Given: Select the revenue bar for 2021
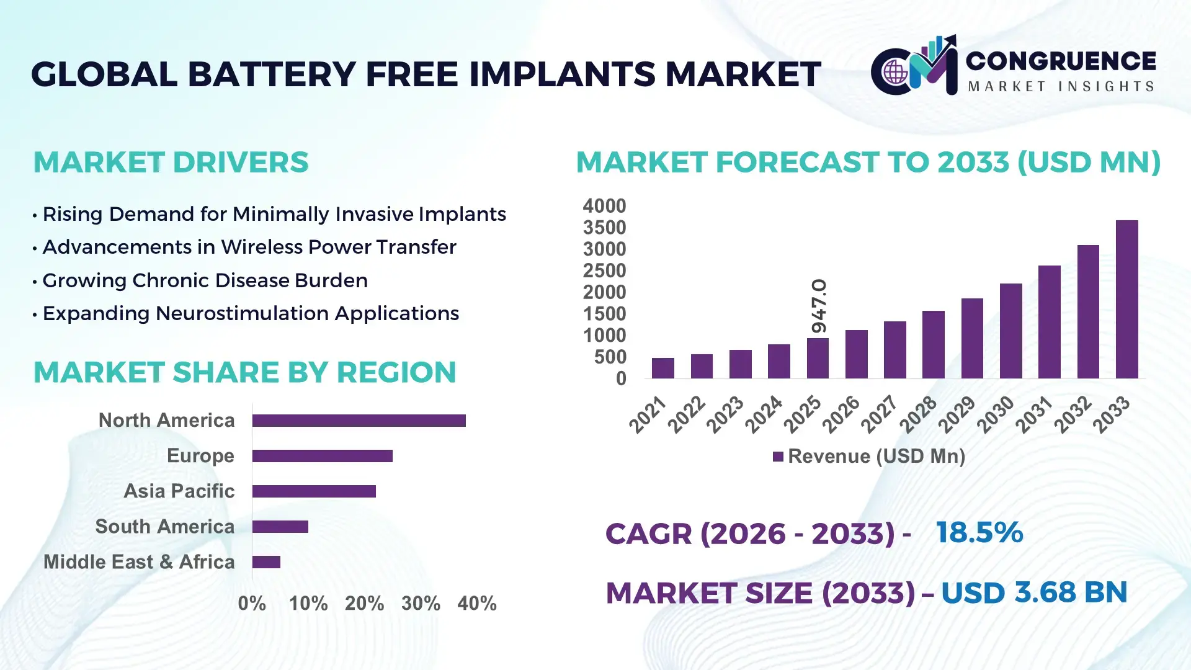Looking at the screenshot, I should (662, 368).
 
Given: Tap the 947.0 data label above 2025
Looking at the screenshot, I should (819, 306).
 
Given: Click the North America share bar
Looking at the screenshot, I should (359, 421).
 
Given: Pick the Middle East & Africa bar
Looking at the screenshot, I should (266, 562).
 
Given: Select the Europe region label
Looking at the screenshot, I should (200, 455).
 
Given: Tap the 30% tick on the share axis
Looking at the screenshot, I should (421, 603).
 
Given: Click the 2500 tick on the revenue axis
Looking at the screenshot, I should (604, 270).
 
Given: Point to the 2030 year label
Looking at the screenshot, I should (995, 414).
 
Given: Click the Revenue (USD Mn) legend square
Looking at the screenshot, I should (778, 457).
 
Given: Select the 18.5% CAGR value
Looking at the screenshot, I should (979, 532).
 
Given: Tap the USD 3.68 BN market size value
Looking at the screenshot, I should (1033, 592).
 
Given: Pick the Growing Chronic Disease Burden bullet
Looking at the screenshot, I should (205, 280).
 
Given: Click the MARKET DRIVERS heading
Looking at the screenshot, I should (171, 163).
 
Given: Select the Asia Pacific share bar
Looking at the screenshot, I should (314, 491).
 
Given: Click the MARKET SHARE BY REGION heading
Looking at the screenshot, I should (244, 372).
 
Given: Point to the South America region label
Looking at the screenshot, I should (164, 526).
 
